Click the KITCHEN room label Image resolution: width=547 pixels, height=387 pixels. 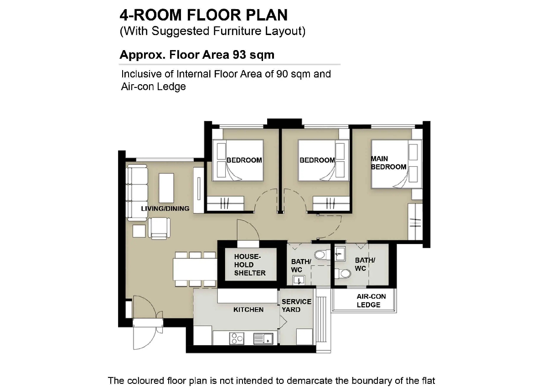248,310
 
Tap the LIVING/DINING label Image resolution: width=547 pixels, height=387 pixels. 165,209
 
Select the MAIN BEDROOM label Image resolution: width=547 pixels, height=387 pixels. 388,163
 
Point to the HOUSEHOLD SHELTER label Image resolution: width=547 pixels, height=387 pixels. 250,265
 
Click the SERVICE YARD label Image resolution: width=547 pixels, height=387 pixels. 296,306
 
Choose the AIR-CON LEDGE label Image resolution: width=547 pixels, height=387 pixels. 371,300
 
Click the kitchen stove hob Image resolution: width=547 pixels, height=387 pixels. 237,339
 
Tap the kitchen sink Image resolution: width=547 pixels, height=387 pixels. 263,339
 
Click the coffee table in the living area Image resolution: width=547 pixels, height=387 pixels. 166,188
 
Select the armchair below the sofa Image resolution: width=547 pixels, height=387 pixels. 159,228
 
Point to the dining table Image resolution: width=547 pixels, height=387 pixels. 195,269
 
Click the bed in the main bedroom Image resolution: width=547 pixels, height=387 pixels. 396,164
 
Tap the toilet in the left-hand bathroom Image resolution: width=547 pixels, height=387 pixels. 322,255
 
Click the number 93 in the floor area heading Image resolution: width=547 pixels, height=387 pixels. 239,55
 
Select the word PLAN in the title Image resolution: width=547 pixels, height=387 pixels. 267,15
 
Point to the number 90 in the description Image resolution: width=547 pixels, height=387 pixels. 282,74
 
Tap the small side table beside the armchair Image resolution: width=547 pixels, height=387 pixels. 139,231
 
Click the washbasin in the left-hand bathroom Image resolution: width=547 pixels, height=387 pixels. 299,280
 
